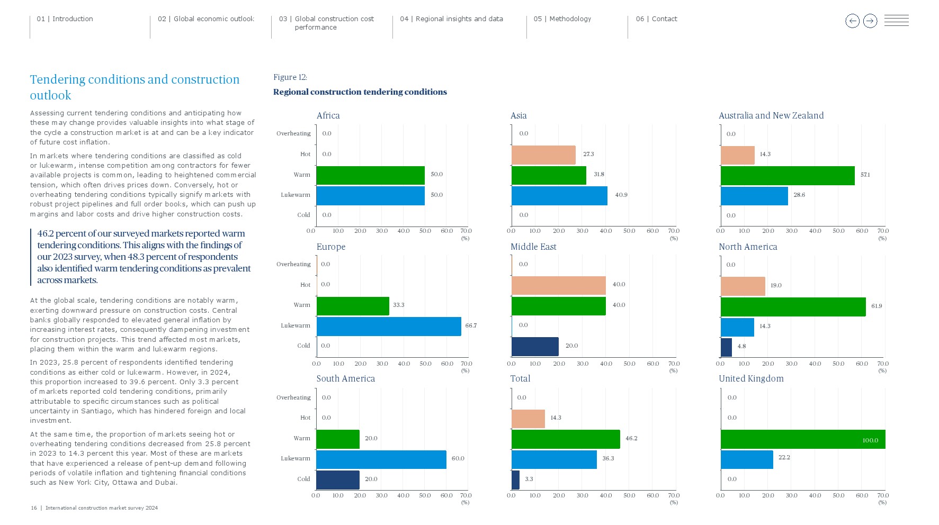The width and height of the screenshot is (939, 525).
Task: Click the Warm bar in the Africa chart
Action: [x=370, y=175]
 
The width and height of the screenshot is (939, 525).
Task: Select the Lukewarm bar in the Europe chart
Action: [x=389, y=327]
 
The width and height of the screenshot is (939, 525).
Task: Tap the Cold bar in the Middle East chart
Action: [x=535, y=347]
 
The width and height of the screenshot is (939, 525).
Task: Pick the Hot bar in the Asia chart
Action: [x=543, y=155]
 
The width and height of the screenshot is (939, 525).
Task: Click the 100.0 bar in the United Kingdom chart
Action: [x=802, y=439]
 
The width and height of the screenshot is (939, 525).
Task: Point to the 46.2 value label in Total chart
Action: [x=631, y=438]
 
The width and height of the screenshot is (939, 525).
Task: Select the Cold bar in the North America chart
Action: [x=726, y=347]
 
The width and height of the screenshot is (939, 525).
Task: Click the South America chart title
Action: [x=345, y=378]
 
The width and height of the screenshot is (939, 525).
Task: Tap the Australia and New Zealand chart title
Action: [x=771, y=115]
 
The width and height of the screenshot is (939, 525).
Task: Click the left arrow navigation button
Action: [x=852, y=21]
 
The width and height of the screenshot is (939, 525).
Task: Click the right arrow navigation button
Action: [x=870, y=21]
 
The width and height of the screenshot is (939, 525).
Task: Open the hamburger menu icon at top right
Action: [x=897, y=21]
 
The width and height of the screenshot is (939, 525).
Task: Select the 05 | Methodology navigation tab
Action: [x=562, y=19]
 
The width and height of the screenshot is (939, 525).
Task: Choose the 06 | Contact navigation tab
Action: [x=656, y=19]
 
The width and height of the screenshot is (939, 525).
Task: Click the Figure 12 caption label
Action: [x=290, y=77]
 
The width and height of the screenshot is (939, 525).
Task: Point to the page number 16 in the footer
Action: [x=34, y=508]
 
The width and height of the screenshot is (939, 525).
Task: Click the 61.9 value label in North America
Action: [x=877, y=306]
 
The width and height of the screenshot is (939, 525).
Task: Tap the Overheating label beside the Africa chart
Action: [x=293, y=133]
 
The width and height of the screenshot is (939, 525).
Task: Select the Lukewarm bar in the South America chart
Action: [x=381, y=459]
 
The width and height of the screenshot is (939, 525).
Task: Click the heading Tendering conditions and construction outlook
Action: [x=135, y=87]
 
